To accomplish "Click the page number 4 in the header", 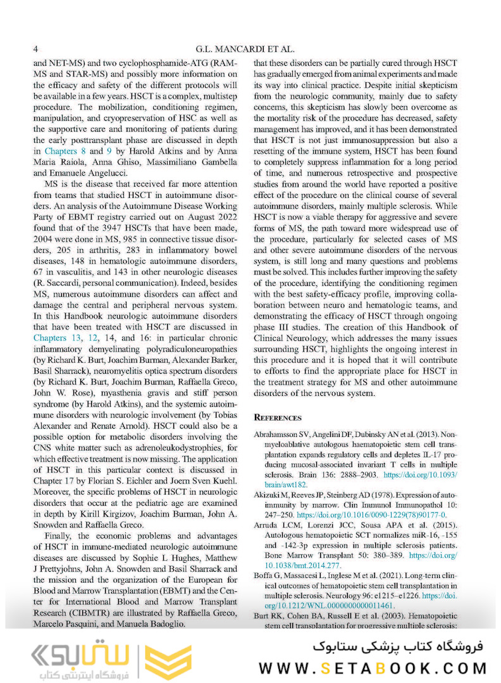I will coord(36,49).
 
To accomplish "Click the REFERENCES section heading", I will coord(278,417).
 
